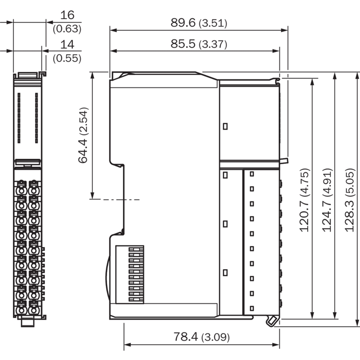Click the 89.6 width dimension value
[x=183, y=22]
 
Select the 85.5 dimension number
[x=183, y=44]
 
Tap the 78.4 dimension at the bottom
[x=186, y=337]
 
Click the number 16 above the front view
[x=67, y=15]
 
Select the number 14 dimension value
[x=67, y=44]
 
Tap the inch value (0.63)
[x=67, y=29]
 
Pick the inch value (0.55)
[x=67, y=58]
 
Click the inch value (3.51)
[x=213, y=23]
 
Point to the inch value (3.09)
[x=216, y=337]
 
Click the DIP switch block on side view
[x=130, y=274]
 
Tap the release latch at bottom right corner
[x=273, y=321]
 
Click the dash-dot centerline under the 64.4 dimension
[x=115, y=199]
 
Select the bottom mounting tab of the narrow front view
[x=27, y=321]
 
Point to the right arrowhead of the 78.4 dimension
[x=276, y=345]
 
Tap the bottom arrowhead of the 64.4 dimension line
[x=92, y=195]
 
